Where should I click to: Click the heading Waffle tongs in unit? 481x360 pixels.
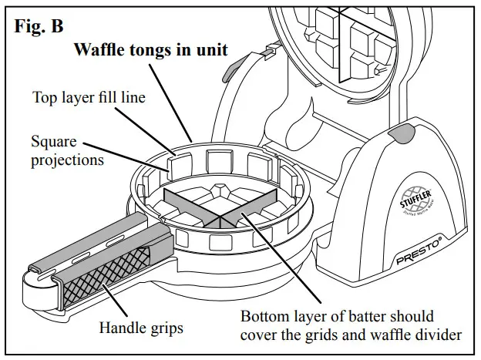pyautogui.click(x=150, y=51)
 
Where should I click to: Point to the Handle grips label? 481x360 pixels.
pyautogui.click(x=141, y=328)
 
